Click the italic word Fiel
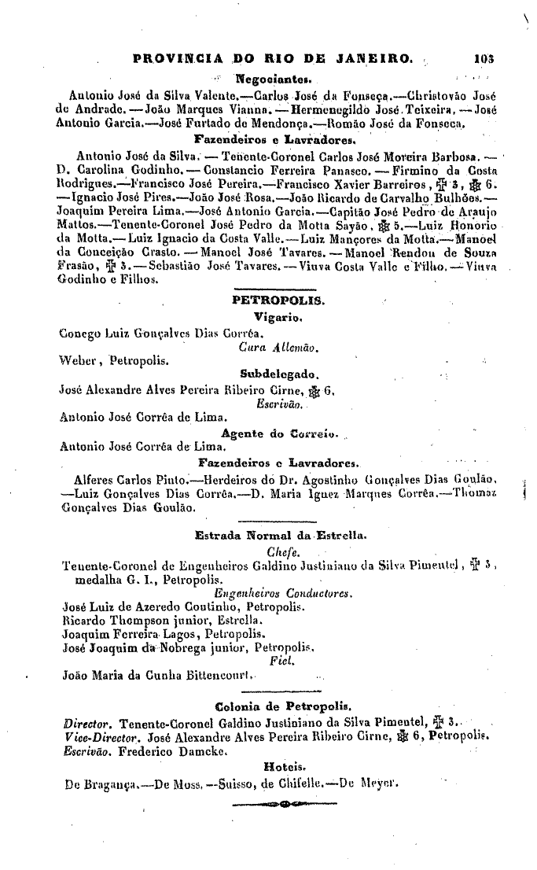point(279,662)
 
